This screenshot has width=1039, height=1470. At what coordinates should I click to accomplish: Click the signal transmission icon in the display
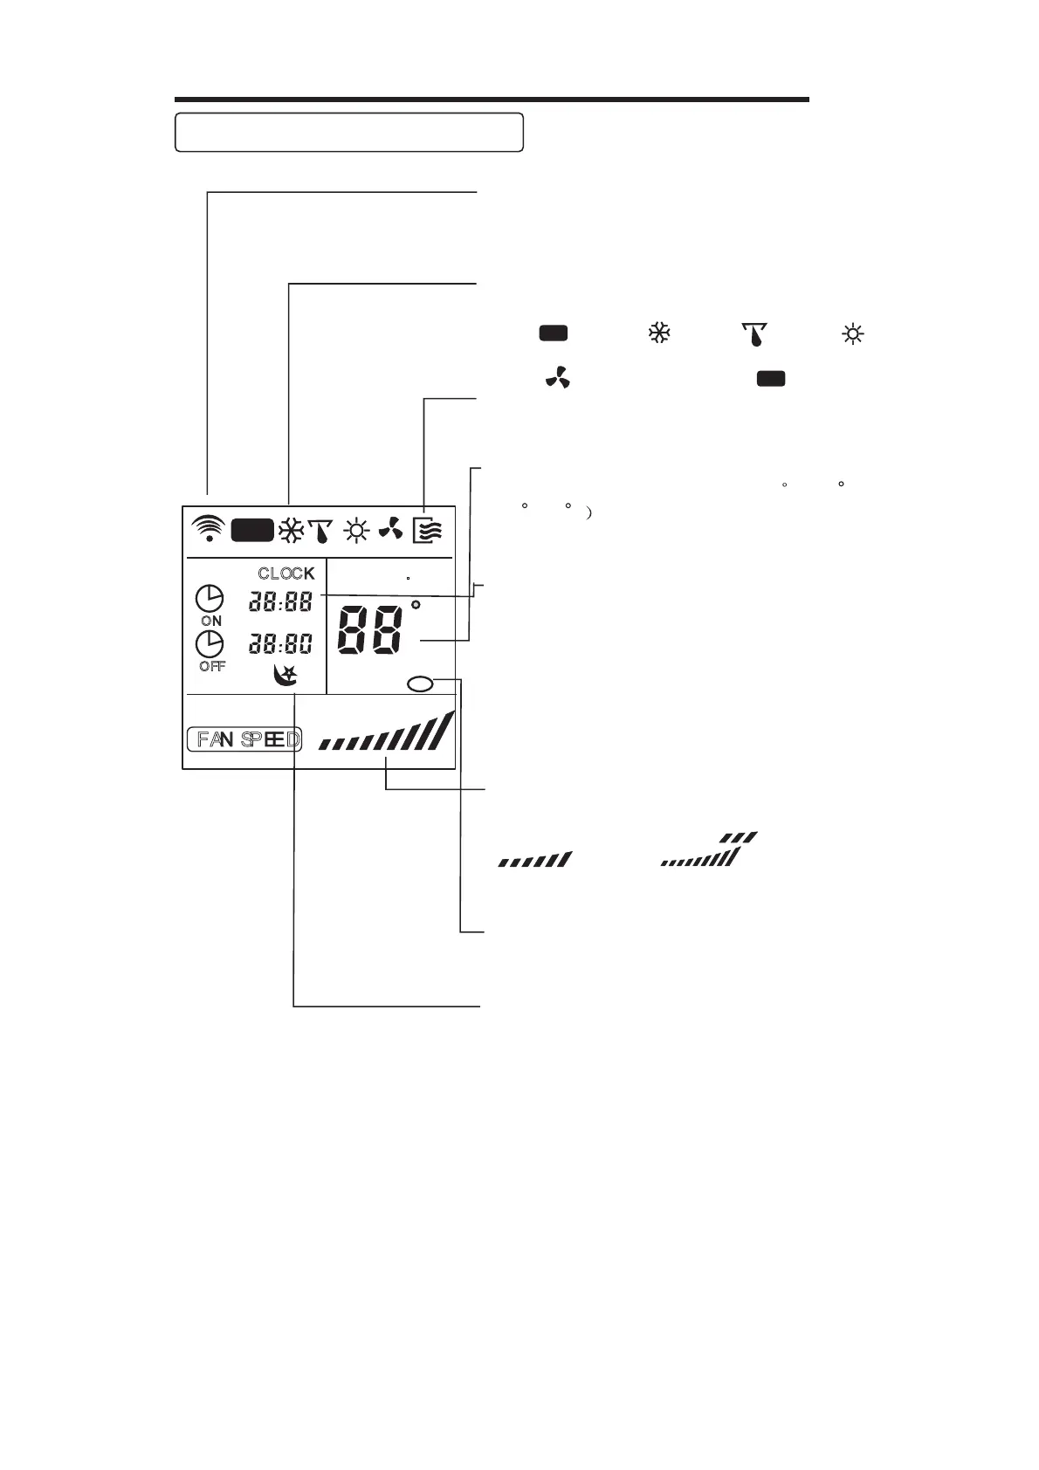click(x=208, y=528)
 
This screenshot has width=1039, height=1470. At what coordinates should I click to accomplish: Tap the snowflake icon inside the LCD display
click(x=290, y=530)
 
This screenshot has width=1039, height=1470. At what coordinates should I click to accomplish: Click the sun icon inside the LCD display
click(x=356, y=530)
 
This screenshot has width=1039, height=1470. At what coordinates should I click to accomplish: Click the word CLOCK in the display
click(x=286, y=574)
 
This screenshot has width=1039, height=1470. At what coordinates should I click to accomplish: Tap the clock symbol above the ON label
click(x=210, y=599)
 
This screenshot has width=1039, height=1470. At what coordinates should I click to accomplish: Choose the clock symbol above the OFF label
click(x=210, y=644)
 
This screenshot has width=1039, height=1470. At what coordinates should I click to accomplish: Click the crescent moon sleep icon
click(x=286, y=675)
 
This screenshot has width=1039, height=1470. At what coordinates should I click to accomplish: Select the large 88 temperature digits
click(x=370, y=628)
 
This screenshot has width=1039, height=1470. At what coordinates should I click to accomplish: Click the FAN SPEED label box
click(x=244, y=740)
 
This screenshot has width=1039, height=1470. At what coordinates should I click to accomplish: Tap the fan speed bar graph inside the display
click(x=388, y=733)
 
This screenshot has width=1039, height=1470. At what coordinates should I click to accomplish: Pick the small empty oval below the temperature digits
click(x=420, y=684)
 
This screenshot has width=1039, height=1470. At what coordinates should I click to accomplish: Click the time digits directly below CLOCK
click(x=280, y=601)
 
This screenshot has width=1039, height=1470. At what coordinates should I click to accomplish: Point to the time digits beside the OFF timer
click(x=280, y=645)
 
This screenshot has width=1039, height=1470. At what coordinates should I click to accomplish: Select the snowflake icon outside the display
click(x=659, y=333)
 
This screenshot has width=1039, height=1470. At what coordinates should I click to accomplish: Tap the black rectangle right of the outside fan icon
click(x=770, y=378)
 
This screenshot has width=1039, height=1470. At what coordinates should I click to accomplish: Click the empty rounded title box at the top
click(x=349, y=132)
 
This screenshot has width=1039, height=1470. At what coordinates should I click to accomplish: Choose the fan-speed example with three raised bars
click(x=709, y=850)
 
